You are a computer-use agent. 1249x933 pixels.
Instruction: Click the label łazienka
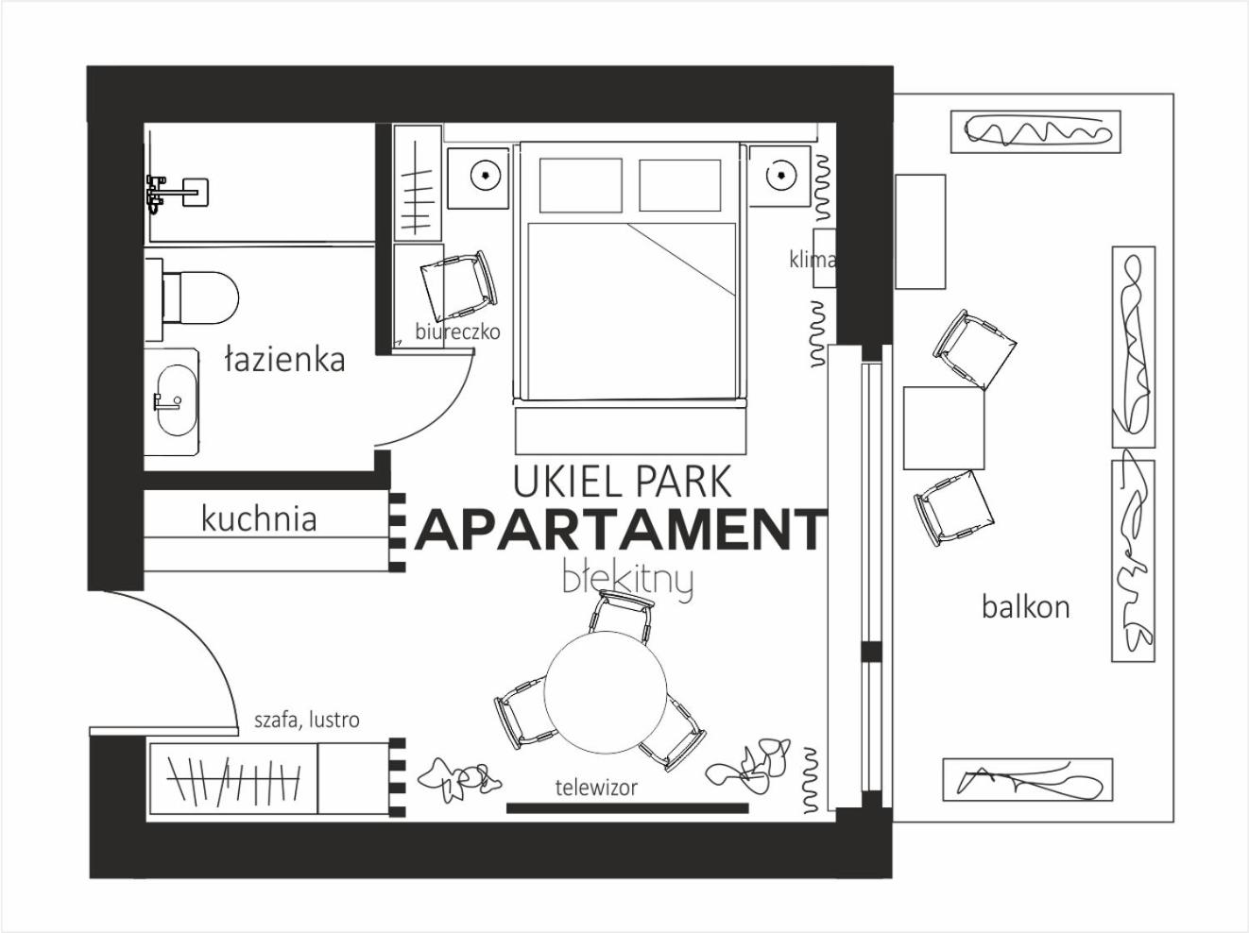tap(284, 361)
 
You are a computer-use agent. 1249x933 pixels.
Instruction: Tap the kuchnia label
tap(259, 518)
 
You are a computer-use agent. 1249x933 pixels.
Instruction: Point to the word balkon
tap(1026, 606)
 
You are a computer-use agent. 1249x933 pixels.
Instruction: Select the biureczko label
tap(457, 331)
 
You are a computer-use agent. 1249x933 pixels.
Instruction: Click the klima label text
tap(812, 260)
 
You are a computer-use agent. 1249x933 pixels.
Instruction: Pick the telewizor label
tap(596, 788)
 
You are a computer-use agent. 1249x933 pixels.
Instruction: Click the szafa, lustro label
tap(307, 721)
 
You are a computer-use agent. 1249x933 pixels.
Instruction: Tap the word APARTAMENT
tap(620, 530)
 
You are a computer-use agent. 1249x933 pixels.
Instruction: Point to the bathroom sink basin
tap(177, 400)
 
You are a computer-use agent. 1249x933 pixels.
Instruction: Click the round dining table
tap(606, 691)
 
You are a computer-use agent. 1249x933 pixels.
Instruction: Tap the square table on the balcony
tap(944, 428)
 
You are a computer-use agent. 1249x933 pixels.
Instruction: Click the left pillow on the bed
tap(580, 185)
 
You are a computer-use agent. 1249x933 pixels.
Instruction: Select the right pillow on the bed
tap(680, 185)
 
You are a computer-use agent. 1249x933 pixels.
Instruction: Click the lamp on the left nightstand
tap(486, 176)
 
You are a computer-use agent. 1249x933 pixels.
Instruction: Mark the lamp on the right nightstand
tap(780, 176)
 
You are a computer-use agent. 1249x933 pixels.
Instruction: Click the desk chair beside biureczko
tap(458, 285)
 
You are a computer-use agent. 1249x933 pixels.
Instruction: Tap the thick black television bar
tap(627, 808)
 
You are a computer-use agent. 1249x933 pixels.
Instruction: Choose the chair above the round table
tap(622, 617)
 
